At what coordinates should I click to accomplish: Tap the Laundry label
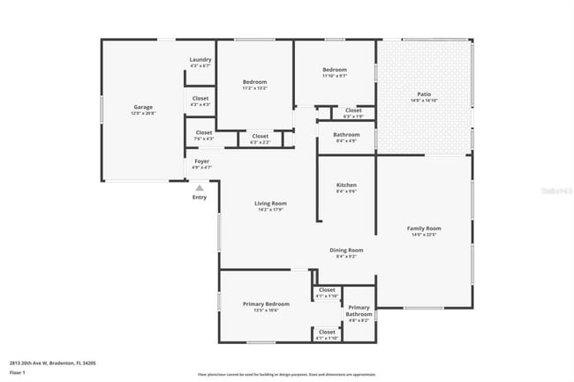(x=200, y=60)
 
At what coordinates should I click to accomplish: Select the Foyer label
(x=202, y=161)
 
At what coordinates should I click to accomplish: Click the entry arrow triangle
(x=200, y=187)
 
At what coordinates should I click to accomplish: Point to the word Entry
(x=200, y=197)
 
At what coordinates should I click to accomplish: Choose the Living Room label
(x=271, y=204)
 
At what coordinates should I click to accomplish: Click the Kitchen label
(x=345, y=186)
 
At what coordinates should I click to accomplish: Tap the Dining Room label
(x=346, y=251)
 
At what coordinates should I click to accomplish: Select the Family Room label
(x=424, y=228)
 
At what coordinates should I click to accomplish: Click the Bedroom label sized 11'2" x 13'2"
(x=254, y=82)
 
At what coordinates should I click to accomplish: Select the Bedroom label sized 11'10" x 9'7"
(x=334, y=71)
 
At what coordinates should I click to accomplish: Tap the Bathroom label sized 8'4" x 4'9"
(x=346, y=135)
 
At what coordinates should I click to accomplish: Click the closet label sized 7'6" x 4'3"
(x=202, y=133)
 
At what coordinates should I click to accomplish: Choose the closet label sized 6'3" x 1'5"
(x=353, y=111)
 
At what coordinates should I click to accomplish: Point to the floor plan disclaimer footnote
(x=286, y=375)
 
